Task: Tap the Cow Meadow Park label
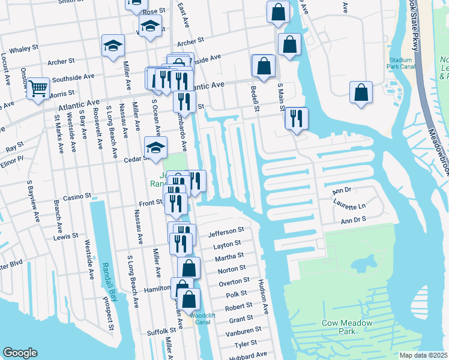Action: pyautogui.click(x=346, y=327)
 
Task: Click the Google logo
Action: pyautogui.click(x=20, y=353)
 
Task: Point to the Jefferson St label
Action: pyautogui.click(x=226, y=230)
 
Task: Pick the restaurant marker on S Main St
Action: pyautogui.click(x=295, y=118)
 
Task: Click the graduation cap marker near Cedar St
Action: pyautogui.click(x=155, y=148)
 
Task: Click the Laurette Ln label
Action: pyautogui.click(x=354, y=206)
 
